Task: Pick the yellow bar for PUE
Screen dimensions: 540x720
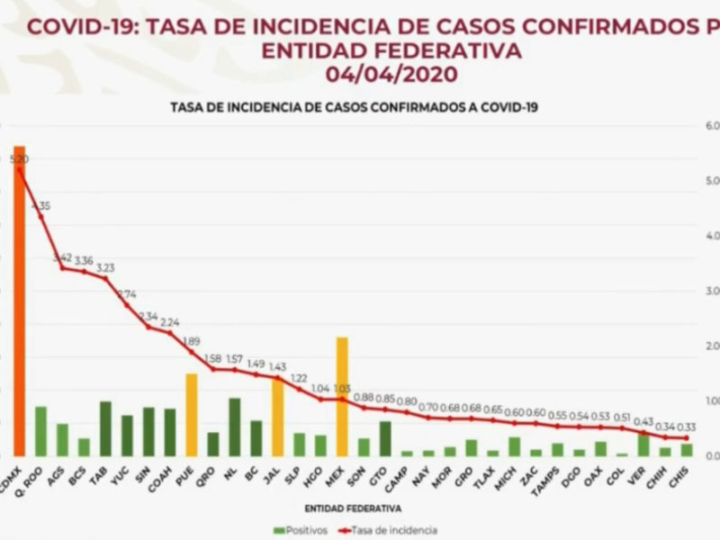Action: click(191, 414)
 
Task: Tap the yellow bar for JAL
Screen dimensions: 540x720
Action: click(277, 418)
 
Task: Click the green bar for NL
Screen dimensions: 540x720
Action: click(234, 427)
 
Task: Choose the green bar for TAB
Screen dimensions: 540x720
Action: click(105, 428)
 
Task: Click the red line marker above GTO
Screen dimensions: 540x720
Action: click(385, 409)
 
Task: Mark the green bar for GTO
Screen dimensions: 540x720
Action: click(385, 438)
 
